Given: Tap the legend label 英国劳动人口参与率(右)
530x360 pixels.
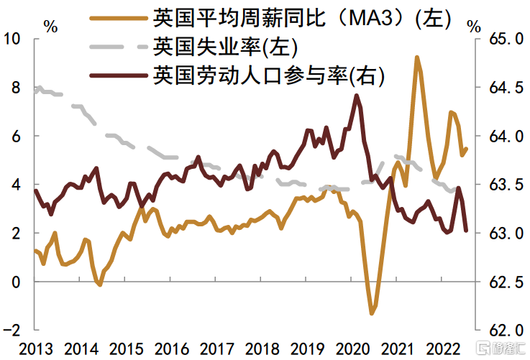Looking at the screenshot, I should pos(269,74).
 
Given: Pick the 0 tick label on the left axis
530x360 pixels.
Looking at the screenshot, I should pos(15,281).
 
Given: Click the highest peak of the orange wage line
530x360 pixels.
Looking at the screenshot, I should pos(417,56).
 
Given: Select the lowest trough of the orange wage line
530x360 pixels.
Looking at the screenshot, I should pos(372,313).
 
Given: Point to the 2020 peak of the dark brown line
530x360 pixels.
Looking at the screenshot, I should pos(357,95).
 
